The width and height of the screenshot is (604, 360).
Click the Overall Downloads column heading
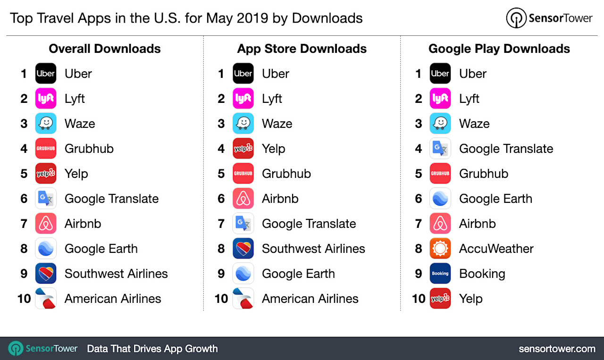pos(105,49)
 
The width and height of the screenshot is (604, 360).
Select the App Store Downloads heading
pos(302,49)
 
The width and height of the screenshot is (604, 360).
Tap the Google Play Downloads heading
pos(499,49)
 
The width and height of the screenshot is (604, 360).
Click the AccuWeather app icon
pos(440,249)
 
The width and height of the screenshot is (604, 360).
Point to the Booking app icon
pos(440,274)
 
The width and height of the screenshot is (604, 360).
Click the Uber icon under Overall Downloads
pos(46,74)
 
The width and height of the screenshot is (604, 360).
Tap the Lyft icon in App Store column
pos(243,99)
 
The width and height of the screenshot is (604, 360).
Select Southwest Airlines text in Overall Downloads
pos(116,274)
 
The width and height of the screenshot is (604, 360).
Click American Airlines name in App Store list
pos(310,299)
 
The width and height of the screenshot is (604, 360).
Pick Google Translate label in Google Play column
pos(506,149)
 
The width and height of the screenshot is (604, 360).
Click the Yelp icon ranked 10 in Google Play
pos(440,299)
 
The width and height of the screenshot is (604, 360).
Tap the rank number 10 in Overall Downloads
pos(24,299)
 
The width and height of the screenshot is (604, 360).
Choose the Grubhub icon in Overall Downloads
pos(46,149)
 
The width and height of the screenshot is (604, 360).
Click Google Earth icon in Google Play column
pos(440,199)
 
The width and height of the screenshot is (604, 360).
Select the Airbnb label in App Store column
pos(280,199)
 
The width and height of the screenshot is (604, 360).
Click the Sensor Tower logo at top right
pos(549,18)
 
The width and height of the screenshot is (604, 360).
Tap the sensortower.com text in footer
pos(557,349)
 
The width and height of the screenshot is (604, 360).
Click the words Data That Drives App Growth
pos(152,349)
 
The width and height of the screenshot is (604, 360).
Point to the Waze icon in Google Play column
pos(440,124)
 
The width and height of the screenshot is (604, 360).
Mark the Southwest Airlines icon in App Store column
pos(243,249)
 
